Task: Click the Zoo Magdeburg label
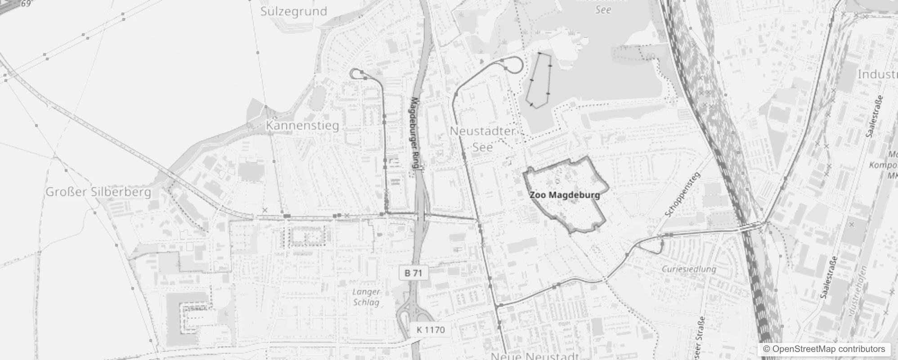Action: tap(565, 195)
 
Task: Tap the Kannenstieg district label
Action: tap(302, 125)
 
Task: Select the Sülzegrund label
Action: tap(293, 11)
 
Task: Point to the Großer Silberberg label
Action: tap(98, 192)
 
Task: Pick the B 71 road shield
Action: tap(413, 273)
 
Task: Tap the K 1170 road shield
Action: tap(430, 330)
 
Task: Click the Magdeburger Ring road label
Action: tap(416, 133)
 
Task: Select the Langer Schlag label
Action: tap(366, 297)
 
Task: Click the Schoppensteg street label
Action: tap(682, 195)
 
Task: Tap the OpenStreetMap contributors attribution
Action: tap(824, 349)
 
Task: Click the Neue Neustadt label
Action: tap(534, 356)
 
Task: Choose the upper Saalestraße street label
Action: tap(874, 116)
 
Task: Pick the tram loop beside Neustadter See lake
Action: tap(514, 64)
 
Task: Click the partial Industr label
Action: tap(877, 74)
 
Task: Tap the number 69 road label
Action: tap(26, 4)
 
